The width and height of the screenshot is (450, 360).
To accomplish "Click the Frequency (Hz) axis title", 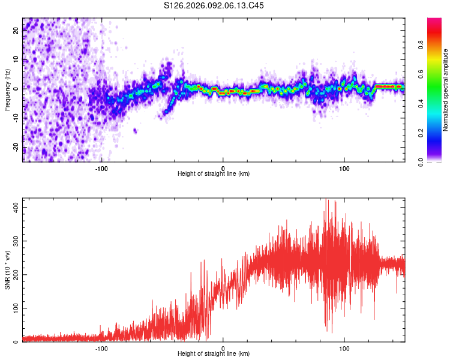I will pyautogui.click(x=7, y=89).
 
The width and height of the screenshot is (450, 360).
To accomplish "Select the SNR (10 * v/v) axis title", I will pyautogui.click(x=7, y=270).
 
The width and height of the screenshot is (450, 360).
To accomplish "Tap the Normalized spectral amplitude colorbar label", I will pyautogui.click(x=445, y=91).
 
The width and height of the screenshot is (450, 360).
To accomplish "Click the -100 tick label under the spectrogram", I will pyautogui.click(x=101, y=167).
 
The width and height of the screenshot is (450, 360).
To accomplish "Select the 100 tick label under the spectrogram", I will pyautogui.click(x=344, y=167).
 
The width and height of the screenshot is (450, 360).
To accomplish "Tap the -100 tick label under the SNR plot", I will pyautogui.click(x=101, y=348).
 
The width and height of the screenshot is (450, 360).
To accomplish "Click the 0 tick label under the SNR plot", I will pyautogui.click(x=223, y=348).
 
